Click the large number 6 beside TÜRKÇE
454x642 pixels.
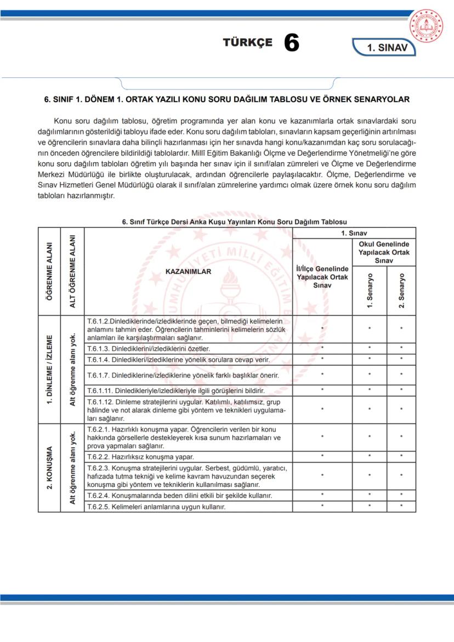292,43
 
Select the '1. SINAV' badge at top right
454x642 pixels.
387,48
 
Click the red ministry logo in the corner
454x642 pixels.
429,25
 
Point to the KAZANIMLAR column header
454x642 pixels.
188,271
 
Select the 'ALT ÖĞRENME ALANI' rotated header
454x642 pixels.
72,270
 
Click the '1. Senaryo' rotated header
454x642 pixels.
370,290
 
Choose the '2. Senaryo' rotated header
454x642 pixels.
401,290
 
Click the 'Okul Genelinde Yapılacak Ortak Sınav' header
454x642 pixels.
384,252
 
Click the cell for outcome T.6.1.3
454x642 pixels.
188,349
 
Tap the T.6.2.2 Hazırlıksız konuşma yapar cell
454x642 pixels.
188,456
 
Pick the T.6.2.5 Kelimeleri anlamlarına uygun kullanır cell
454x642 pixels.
188,507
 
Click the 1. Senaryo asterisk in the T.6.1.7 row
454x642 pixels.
370,376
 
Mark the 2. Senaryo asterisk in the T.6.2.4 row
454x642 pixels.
401,496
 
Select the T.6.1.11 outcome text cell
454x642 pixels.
188,391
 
